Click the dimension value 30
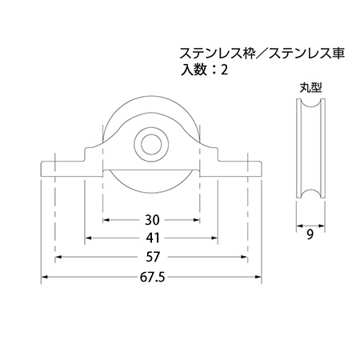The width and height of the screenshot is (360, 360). pyautogui.click(x=152, y=220)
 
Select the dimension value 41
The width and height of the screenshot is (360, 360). pyautogui.click(x=152, y=238)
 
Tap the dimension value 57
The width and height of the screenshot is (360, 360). pyautogui.click(x=153, y=257)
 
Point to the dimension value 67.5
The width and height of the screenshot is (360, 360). pyautogui.click(x=153, y=278)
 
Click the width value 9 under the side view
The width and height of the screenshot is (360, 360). pyautogui.click(x=310, y=234)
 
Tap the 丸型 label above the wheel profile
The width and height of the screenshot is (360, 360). pyautogui.click(x=310, y=88)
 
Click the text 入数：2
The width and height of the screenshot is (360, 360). pyautogui.click(x=204, y=70)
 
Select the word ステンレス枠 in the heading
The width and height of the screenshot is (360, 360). pyautogui.click(x=217, y=54)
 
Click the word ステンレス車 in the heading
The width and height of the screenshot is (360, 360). pyautogui.click(x=307, y=54)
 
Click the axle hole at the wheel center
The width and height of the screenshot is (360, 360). pyautogui.click(x=151, y=145)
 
